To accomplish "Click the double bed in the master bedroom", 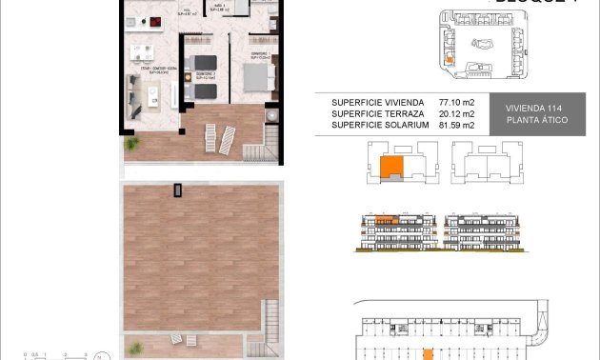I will pyautogui.click(x=258, y=76).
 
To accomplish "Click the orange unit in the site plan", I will pyautogui.click(x=449, y=59).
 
